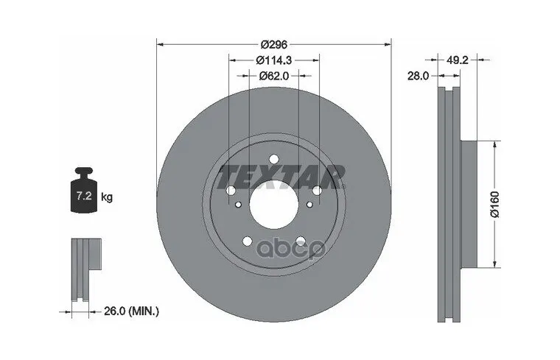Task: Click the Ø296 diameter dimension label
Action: click(x=274, y=45)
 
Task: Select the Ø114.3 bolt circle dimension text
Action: click(x=274, y=60)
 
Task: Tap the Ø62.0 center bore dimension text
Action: click(x=274, y=76)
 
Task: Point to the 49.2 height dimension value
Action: click(x=457, y=60)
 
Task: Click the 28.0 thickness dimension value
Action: click(x=418, y=76)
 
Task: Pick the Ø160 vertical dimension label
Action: click(x=495, y=204)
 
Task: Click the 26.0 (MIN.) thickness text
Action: click(x=131, y=311)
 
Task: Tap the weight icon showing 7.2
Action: click(x=84, y=190)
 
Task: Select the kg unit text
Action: click(x=107, y=197)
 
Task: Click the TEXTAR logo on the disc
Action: click(x=281, y=177)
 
